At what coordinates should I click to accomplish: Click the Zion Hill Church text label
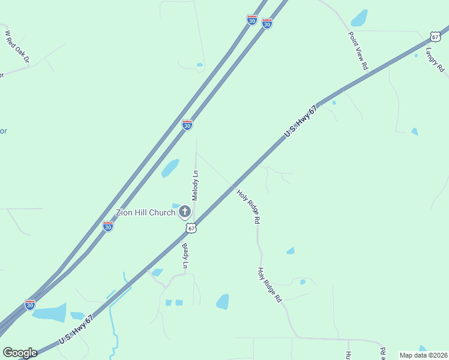click(x=145, y=212)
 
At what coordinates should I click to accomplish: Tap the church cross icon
click(x=185, y=211)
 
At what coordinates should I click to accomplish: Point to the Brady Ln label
click(x=185, y=256)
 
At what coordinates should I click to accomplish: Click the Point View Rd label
click(x=358, y=51)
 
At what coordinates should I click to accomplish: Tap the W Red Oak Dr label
click(x=17, y=47)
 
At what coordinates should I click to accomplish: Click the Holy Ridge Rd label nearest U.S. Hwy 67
click(x=248, y=206)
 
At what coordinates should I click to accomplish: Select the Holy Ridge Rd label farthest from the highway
click(x=270, y=285)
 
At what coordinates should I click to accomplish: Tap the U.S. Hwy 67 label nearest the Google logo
click(x=76, y=331)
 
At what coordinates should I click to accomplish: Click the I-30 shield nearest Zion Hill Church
click(x=108, y=226)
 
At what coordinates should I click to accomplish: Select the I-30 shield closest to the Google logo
click(x=30, y=305)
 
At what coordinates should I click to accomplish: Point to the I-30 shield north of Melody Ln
click(x=187, y=125)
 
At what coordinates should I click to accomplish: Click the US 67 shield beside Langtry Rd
click(x=435, y=36)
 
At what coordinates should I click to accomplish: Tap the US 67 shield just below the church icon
click(x=191, y=228)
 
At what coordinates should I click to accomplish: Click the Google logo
click(x=20, y=353)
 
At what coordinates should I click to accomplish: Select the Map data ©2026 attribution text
click(x=424, y=355)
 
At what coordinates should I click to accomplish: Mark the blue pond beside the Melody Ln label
click(x=170, y=168)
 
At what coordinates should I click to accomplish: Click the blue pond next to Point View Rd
click(x=359, y=18)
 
